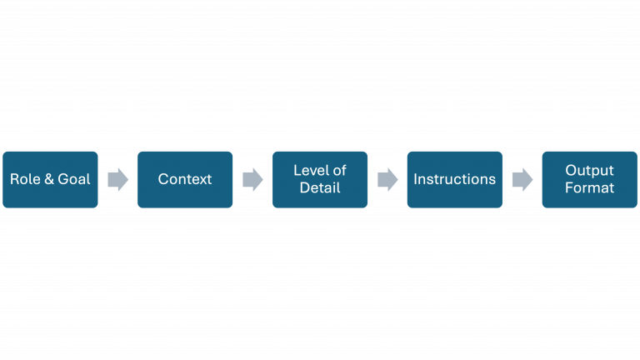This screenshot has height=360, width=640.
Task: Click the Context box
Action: pos(185,179)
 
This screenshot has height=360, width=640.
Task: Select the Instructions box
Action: pos(454,179)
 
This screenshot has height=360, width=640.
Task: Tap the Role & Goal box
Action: pos(50,179)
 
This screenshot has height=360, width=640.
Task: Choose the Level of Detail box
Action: pos(320,179)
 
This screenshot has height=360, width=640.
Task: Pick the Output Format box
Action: pos(589,179)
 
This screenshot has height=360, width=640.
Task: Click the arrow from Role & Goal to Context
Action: pos(118,179)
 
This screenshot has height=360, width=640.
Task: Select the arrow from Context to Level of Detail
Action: pos(252,179)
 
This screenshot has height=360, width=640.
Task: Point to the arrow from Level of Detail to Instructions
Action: pos(387,179)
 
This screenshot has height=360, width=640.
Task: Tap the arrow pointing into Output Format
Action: pos(522,179)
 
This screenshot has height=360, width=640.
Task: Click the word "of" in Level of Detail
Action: pos(338,170)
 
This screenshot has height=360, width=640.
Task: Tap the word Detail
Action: pos(320,188)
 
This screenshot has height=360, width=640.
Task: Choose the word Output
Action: pos(589,170)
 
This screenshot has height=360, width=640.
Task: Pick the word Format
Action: pos(589,188)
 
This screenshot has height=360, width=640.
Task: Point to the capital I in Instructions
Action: pos(416,179)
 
